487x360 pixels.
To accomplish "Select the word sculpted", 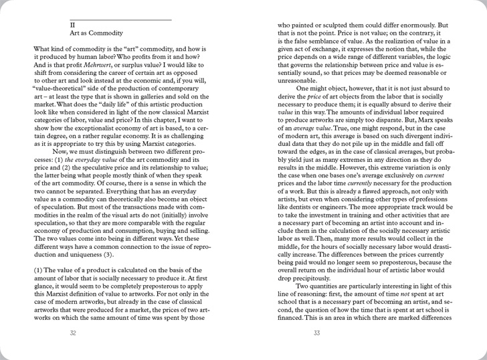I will pos(334,25).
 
